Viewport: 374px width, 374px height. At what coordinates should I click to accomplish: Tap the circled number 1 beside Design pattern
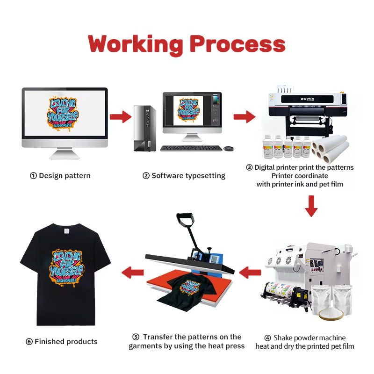point(33,176)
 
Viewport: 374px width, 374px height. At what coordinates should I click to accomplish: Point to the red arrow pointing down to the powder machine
point(311,205)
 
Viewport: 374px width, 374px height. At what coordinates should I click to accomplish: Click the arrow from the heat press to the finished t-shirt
point(132,271)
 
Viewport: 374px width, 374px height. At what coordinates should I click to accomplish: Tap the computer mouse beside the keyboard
point(228,148)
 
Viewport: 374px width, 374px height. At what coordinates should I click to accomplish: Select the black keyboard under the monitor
point(191,148)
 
